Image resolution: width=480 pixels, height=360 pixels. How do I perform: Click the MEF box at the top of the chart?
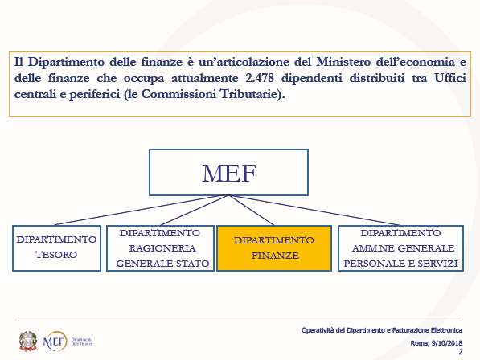point(228,173)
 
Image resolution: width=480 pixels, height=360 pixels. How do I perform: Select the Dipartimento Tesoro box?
point(56,248)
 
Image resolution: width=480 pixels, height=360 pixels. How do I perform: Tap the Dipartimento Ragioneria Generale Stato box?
point(160,248)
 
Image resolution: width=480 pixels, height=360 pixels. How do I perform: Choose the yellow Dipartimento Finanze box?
point(274,248)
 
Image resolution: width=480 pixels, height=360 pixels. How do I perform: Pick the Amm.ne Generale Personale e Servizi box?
point(400,248)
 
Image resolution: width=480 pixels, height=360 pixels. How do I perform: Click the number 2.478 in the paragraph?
point(260,78)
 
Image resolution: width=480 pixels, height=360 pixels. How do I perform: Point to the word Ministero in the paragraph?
point(343,62)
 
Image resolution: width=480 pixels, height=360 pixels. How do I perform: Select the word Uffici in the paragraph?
point(450,78)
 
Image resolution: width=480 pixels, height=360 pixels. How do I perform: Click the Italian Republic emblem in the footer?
point(28,341)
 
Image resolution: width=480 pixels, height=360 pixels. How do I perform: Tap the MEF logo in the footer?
point(55,341)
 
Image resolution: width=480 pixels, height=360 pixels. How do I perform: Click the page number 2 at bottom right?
point(460,352)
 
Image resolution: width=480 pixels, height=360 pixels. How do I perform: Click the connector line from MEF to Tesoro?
point(142,210)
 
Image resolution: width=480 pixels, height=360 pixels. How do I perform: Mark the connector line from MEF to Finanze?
point(251,210)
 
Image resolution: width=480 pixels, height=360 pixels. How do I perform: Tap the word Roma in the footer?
point(420,343)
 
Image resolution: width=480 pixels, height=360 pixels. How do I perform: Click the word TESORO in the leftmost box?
point(56,255)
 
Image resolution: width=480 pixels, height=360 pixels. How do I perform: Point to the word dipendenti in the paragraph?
point(312,78)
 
